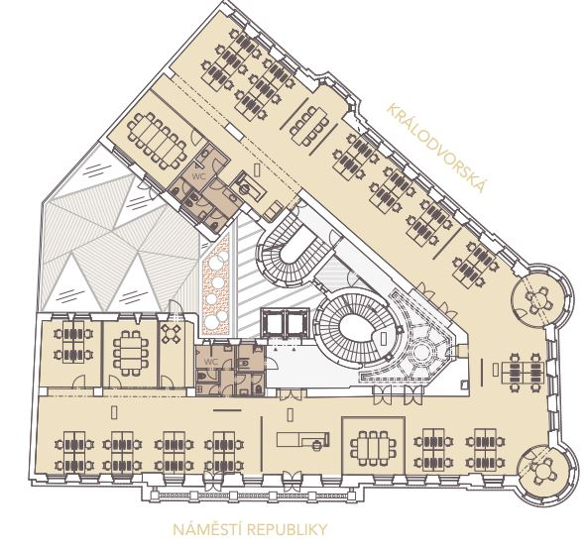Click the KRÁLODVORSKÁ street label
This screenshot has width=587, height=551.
tap(437, 148)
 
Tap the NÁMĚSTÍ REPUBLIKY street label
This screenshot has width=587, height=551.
tap(250, 529)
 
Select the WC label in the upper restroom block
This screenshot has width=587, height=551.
tap(198, 175)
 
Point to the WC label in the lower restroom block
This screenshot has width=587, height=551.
tap(211, 362)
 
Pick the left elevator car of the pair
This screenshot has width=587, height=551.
tap(273, 321)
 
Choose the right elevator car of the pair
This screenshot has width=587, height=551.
tap(297, 321)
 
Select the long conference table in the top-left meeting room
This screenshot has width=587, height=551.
tap(157, 141)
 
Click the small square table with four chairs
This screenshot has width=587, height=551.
tap(172, 334)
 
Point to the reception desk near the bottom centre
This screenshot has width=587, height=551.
tap(303, 439)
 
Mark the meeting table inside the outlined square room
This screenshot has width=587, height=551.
tap(373, 448)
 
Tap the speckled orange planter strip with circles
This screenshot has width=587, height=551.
tap(215, 284)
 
